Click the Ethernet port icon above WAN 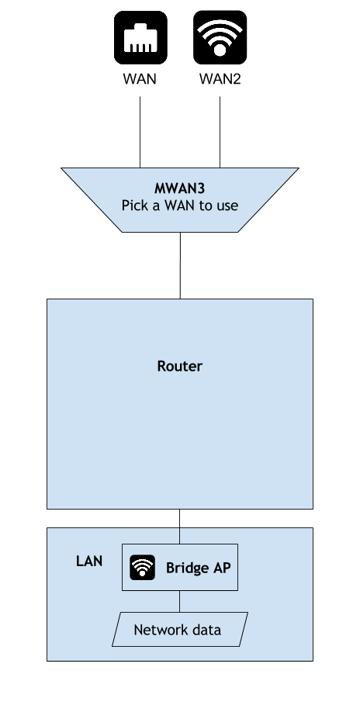pos(140,37)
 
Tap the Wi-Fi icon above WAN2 pos(220,37)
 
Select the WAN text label pos(140,78)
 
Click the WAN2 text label pos(220,78)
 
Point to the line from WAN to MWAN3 pos(140,132)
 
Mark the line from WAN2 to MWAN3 pos(220,132)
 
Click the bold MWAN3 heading pos(179,188)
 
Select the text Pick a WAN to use pos(179,206)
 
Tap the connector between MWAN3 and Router pos(180,265)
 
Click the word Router pos(179,366)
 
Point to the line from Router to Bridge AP pos(179,527)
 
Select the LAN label pos(89,561)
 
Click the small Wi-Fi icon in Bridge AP pos(143,568)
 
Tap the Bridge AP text pos(199,568)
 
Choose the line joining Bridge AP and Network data pos(179,601)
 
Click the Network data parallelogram pos(180,630)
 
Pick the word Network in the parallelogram pos(157,630)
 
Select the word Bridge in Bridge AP pos(187,568)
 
